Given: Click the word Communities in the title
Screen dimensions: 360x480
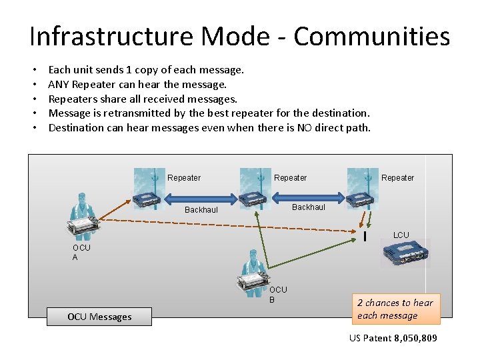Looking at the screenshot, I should (372, 37).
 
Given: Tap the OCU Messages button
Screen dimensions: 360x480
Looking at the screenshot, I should (99, 317).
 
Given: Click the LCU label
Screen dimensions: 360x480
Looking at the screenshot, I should (401, 235).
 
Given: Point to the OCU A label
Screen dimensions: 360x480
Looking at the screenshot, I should (81, 253).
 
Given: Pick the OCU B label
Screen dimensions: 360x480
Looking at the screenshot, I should (278, 295).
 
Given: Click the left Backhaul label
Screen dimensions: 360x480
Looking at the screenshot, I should (201, 210).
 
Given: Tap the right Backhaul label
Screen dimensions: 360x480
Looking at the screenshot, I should (309, 207).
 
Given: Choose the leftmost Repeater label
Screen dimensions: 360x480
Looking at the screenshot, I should (184, 178).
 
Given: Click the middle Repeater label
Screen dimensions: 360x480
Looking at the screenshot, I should (291, 178).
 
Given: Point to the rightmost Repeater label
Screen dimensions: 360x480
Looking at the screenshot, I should (398, 178).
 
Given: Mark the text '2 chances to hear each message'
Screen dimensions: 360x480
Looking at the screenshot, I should (395, 309).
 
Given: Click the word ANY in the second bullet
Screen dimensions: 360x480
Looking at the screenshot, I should (59, 84).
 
